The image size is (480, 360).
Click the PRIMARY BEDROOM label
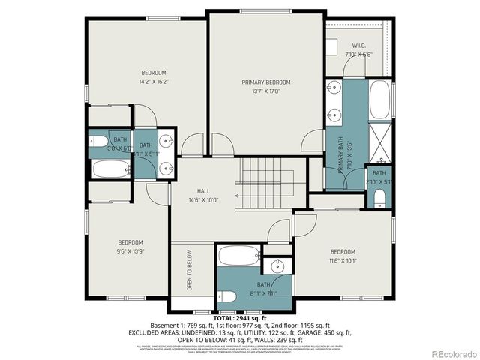point(265,82)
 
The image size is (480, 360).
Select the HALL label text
point(202,191)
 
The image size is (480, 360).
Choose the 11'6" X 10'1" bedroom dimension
point(342,261)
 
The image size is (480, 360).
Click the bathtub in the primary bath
point(379,100)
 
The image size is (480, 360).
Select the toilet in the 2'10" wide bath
point(379,198)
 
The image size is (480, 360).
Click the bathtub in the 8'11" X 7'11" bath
point(239,256)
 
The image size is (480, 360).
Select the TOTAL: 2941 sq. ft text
point(240,318)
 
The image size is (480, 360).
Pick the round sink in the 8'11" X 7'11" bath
point(278,266)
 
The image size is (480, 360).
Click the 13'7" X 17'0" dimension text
point(265,92)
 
